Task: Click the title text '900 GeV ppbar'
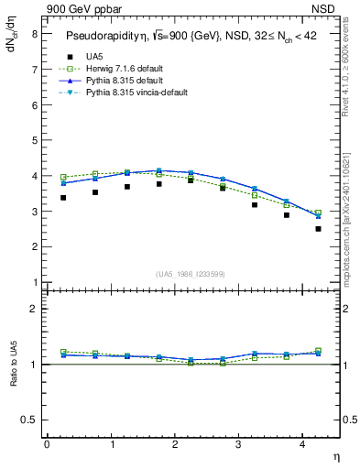click(x=80, y=9)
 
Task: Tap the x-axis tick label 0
click(x=47, y=444)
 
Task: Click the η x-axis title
click(x=334, y=455)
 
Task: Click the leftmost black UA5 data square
click(x=63, y=197)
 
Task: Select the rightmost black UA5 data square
click(x=318, y=228)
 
